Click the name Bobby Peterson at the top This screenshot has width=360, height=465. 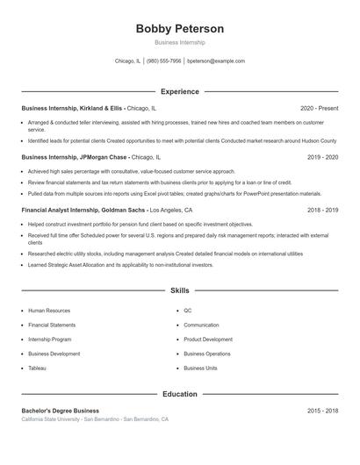[x=179, y=29]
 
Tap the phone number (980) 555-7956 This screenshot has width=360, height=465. [x=164, y=61]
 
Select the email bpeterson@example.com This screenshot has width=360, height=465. [x=216, y=61]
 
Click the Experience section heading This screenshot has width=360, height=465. [x=179, y=91]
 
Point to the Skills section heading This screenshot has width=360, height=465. [x=179, y=290]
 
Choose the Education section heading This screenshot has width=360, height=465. [x=179, y=394]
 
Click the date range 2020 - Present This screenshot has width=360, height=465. [x=319, y=108]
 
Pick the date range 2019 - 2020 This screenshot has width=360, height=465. [x=322, y=157]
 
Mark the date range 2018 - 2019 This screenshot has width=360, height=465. [x=322, y=211]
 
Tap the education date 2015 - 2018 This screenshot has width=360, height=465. [x=322, y=411]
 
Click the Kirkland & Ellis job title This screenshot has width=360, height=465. [x=74, y=108]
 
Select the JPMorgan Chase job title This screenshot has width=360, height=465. [x=75, y=157]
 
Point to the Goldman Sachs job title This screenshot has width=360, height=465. [x=84, y=211]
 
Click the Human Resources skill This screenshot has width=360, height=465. [x=49, y=311]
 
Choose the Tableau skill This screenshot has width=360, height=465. [x=37, y=368]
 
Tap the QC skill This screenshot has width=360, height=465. [x=188, y=311]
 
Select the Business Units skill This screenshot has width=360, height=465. [x=200, y=368]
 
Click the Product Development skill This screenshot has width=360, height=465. [x=208, y=340]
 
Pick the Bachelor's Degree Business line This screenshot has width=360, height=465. [x=60, y=411]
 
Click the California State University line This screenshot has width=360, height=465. [x=95, y=419]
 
